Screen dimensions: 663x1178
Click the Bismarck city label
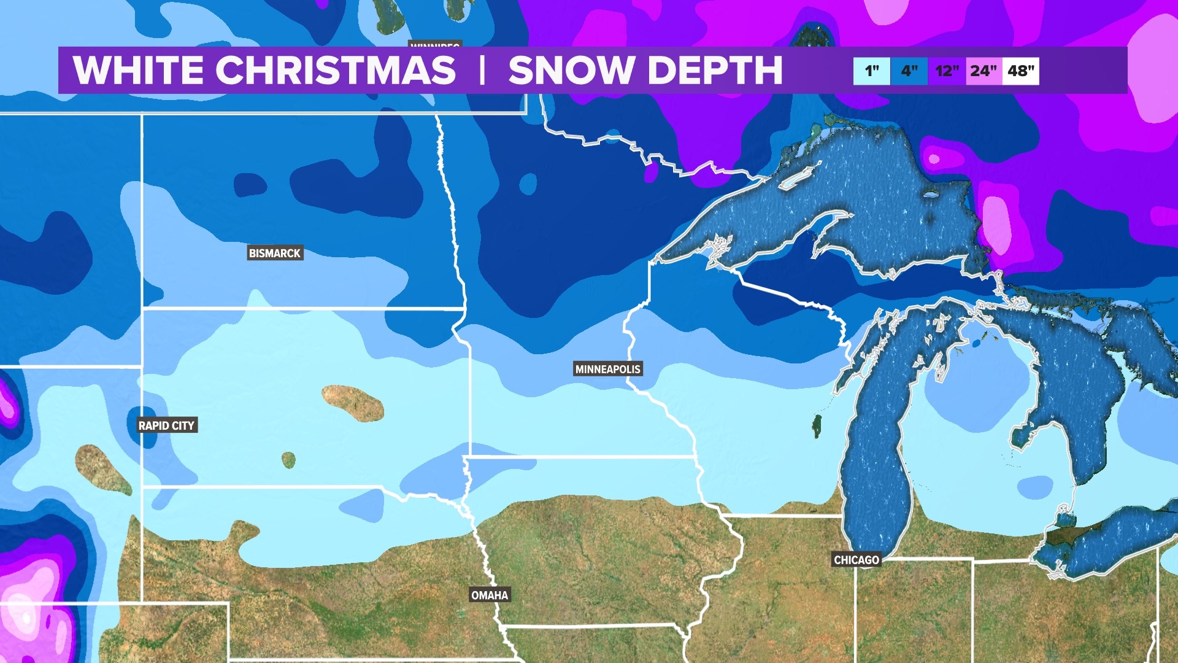tap(275, 253)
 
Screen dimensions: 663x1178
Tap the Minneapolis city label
tap(607, 369)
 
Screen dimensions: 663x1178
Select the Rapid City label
tap(166, 425)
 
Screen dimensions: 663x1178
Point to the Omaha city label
tap(490, 595)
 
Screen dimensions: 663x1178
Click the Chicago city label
tap(857, 560)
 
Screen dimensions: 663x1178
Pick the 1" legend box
tap(871, 71)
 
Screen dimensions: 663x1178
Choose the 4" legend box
tap(909, 71)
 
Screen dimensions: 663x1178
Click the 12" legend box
tap(947, 71)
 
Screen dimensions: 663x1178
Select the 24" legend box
tap(984, 71)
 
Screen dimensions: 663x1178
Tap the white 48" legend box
tap(1021, 71)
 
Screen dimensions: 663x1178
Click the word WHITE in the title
tap(138, 70)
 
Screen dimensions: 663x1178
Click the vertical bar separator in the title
tap(482, 70)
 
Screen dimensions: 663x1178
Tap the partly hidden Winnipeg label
tap(435, 45)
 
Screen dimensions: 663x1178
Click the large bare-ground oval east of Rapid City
tap(353, 403)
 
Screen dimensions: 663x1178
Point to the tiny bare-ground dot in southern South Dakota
tap(288, 459)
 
